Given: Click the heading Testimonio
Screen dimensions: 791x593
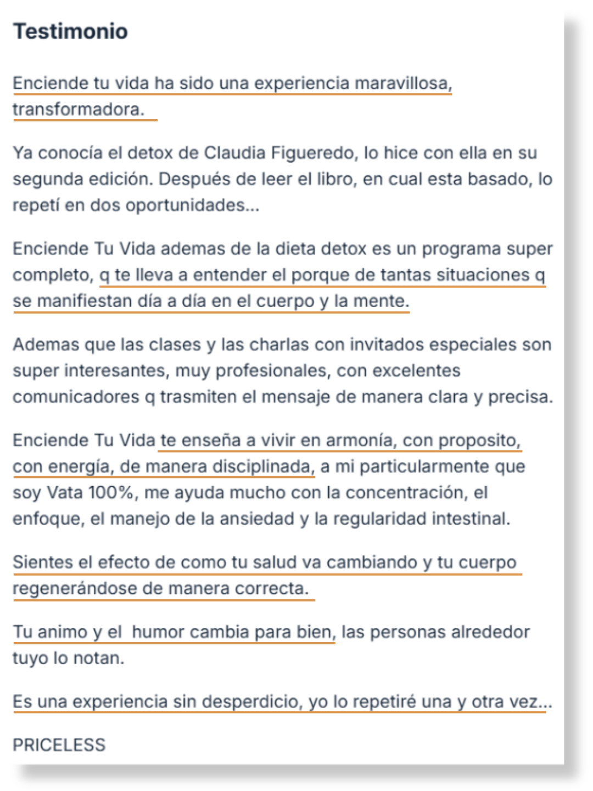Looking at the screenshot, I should pos(70,31).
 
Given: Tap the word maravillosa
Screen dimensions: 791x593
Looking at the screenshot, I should pos(403,83).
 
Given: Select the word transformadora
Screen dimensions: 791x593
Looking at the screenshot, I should pos(78,109).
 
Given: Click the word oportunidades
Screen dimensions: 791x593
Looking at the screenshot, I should pos(192,205).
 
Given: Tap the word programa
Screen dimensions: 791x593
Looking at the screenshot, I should pos(461,249).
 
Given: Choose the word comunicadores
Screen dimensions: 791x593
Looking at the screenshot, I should pos(76,397).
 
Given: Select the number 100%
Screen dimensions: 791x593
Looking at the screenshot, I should pos(111,493).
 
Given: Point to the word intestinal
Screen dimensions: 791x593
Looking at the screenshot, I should pos(471,519).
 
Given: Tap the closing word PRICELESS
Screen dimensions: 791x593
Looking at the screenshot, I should pos(59,745).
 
